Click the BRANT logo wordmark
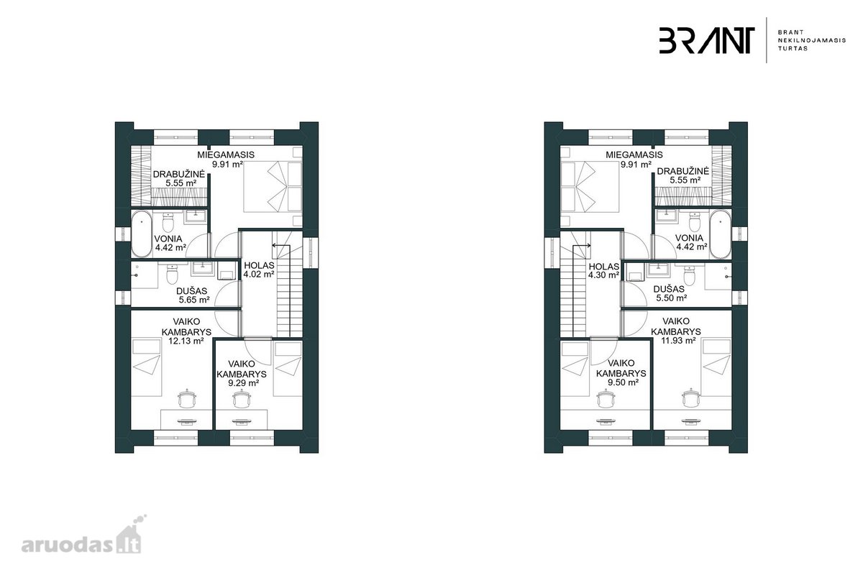[706, 40]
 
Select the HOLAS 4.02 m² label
[259, 270]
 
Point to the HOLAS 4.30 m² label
[603, 270]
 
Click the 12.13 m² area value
[186, 341]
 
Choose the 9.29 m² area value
[243, 383]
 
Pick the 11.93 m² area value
[678, 340]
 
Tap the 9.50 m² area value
[623, 382]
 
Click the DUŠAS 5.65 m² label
[193, 295]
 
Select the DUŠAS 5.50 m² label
[670, 293]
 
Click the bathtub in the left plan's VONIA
[142, 234]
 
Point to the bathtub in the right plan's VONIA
[721, 234]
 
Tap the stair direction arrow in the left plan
[282, 245]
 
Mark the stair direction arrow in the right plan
[581, 245]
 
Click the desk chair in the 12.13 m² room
[187, 399]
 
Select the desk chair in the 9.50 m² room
[606, 399]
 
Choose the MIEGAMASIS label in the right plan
[634, 155]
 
